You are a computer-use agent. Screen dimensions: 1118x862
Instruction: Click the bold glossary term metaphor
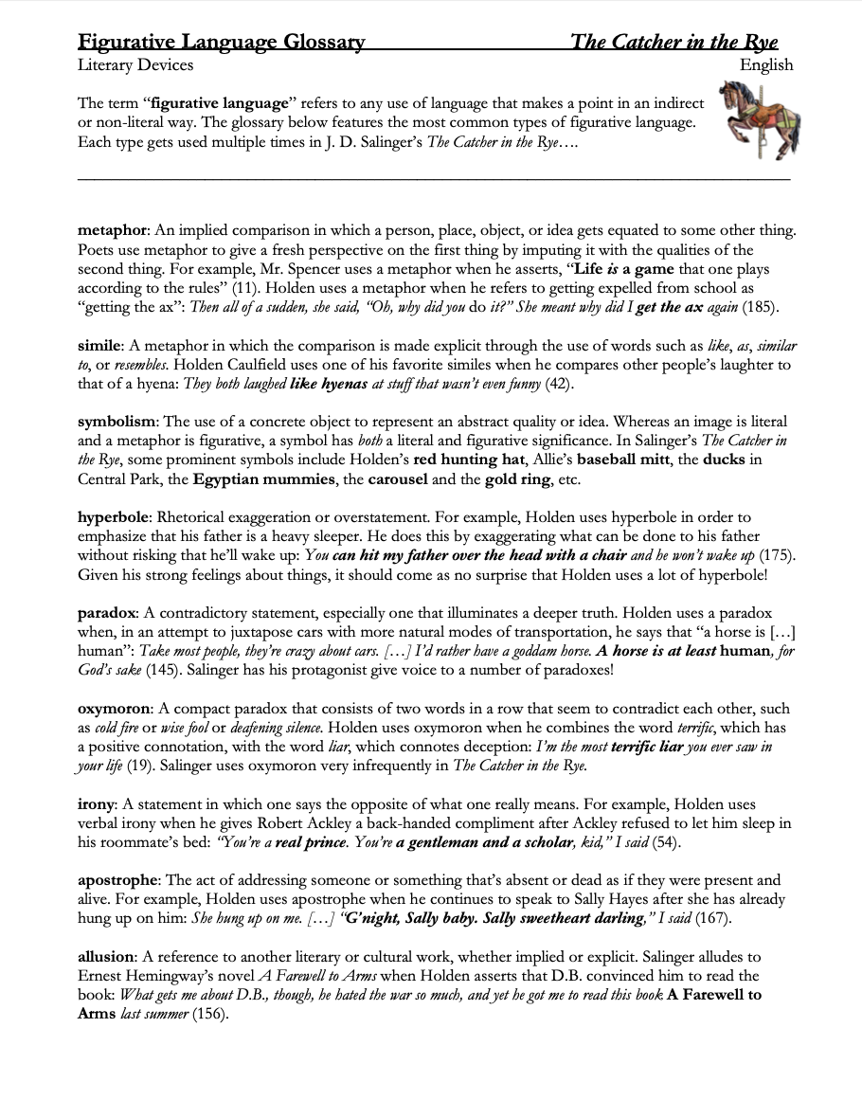click(112, 231)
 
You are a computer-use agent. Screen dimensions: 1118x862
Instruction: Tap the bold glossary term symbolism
click(117, 422)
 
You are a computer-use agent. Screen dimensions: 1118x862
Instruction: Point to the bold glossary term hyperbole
click(114, 517)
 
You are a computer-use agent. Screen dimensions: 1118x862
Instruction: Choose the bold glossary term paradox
click(108, 613)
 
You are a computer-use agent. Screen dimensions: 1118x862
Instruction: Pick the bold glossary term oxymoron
click(115, 709)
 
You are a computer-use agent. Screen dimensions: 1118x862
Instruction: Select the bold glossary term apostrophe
click(118, 880)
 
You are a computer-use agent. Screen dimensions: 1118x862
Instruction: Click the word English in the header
click(766, 65)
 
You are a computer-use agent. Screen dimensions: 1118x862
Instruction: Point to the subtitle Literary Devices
click(135, 65)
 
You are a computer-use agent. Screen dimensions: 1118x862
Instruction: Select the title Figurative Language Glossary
click(221, 41)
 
